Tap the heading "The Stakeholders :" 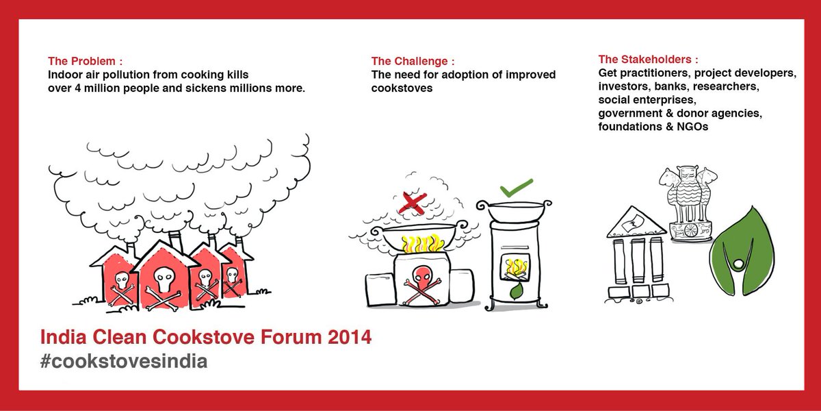[x=649, y=59]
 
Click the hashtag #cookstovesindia [x=123, y=361]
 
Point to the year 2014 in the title [x=348, y=338]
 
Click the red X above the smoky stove [x=413, y=203]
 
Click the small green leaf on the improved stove [x=518, y=292]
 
